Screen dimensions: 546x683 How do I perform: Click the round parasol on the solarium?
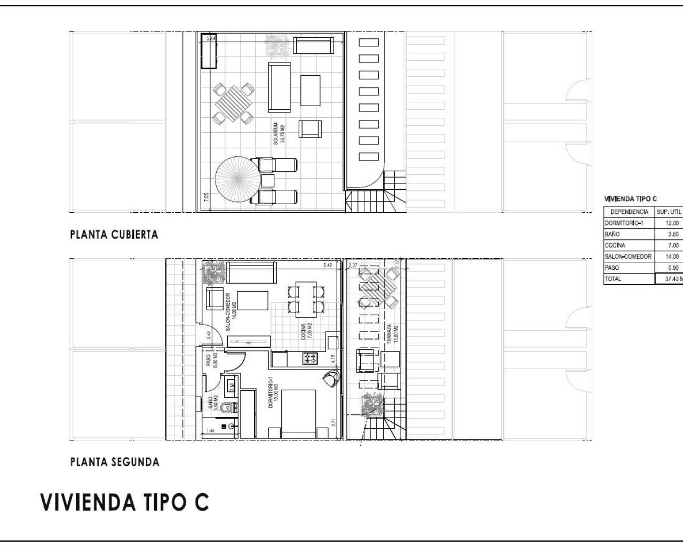238,179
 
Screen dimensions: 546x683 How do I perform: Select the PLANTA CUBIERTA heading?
114,235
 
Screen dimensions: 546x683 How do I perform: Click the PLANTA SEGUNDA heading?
115,462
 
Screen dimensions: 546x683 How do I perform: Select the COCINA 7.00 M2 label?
307,332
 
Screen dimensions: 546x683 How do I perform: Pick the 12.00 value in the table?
673,223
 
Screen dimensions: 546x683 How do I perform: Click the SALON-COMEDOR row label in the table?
628,257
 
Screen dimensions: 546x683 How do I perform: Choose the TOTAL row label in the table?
613,279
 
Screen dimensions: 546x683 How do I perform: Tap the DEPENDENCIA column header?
629,212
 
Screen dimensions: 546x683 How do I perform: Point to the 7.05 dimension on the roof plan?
206,198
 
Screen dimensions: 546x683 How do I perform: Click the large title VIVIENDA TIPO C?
124,503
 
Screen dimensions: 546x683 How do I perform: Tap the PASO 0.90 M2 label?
211,360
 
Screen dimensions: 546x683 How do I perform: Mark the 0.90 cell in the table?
673,268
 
